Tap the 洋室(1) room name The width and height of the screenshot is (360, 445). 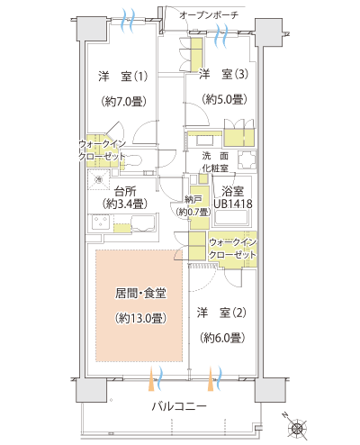tap(121, 77)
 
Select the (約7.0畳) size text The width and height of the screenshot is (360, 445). tap(121, 103)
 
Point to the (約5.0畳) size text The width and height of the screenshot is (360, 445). tap(222, 99)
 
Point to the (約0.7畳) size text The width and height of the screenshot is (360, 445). tap(193, 211)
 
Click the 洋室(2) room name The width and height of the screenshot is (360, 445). tap(221, 313)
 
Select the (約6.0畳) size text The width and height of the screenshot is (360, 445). tap(221, 338)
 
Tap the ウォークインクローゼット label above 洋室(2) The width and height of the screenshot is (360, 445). tap(233, 249)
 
